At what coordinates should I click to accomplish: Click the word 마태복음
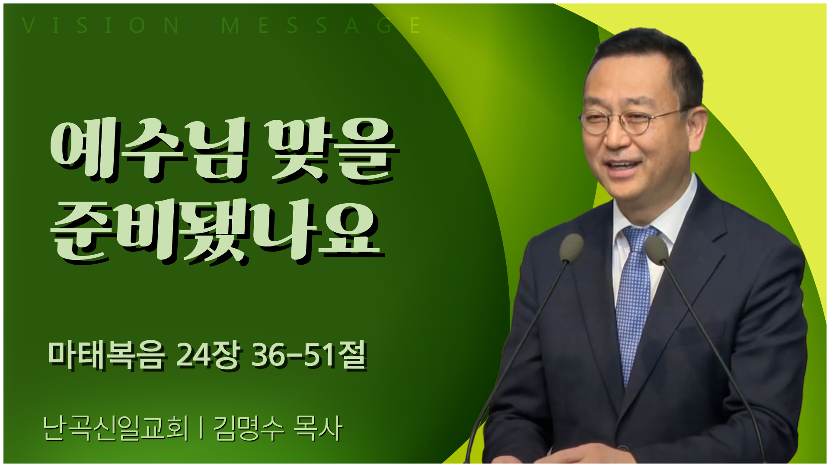click(x=106, y=355)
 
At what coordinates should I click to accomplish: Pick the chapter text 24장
click(x=208, y=355)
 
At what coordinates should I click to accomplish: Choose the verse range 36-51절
click(x=310, y=355)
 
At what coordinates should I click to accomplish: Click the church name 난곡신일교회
click(x=116, y=428)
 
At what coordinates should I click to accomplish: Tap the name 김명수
click(x=249, y=428)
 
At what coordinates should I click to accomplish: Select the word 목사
click(x=318, y=428)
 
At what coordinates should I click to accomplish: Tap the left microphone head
click(x=571, y=248)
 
